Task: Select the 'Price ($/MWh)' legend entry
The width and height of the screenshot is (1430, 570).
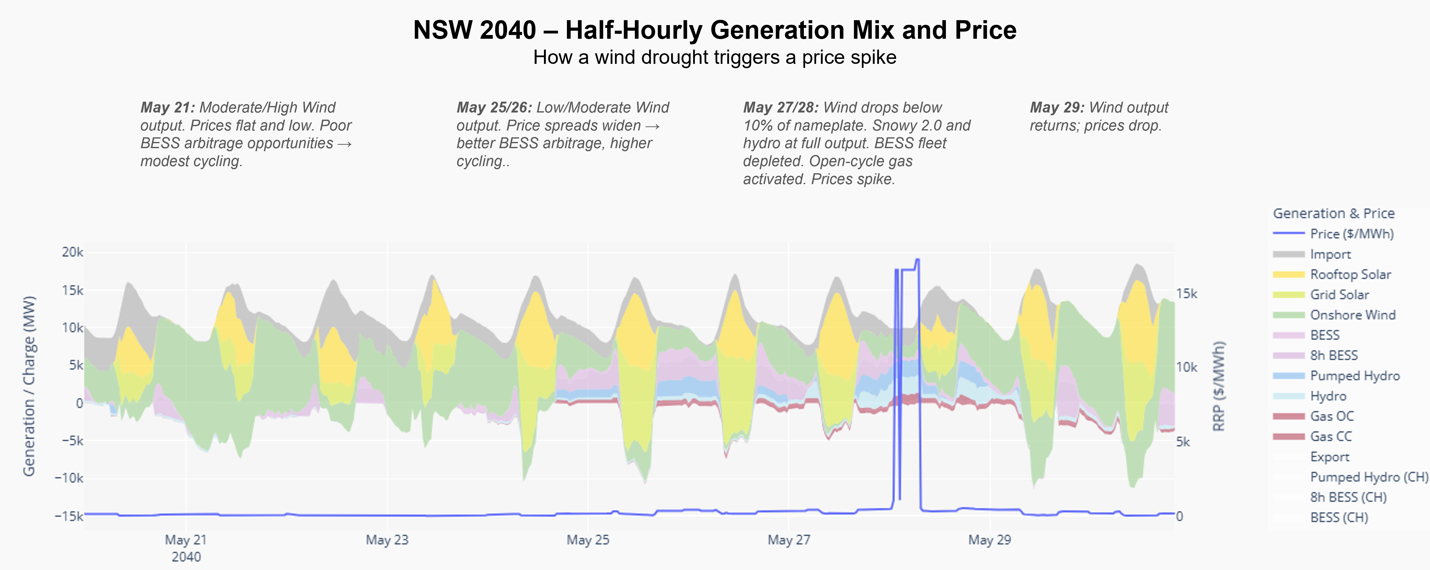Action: click(x=1351, y=234)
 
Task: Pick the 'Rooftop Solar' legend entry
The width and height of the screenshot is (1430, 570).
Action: click(x=1350, y=274)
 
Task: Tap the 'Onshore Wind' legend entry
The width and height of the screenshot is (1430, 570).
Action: click(x=1352, y=315)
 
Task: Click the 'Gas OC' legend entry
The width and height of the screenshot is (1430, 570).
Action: click(x=1332, y=416)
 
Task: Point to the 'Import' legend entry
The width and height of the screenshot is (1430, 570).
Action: click(x=1330, y=254)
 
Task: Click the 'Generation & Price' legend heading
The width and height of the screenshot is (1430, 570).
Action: click(x=1334, y=213)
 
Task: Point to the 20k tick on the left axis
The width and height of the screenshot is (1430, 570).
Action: click(x=72, y=252)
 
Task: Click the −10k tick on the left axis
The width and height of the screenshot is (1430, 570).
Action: click(x=69, y=478)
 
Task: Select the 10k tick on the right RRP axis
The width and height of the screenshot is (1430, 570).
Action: click(x=1186, y=367)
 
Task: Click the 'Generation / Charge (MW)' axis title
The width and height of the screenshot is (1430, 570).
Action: click(x=29, y=386)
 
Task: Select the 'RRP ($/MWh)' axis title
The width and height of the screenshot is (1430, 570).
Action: click(x=1218, y=386)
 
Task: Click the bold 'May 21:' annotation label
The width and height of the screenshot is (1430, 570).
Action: click(x=168, y=108)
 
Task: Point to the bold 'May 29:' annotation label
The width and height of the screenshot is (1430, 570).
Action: click(x=1057, y=108)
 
